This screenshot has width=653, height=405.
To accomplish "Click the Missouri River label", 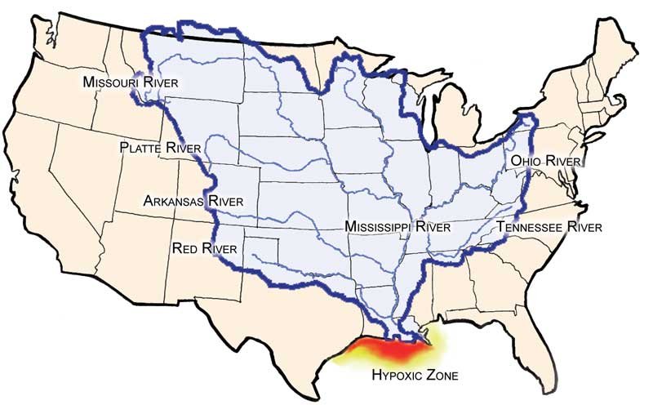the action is [130, 83].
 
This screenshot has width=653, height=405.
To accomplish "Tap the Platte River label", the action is [156, 147].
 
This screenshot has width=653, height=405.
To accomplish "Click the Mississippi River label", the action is [397, 225].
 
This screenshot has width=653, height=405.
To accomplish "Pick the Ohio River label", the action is [544, 162].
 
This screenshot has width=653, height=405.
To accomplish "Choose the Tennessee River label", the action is [549, 226].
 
